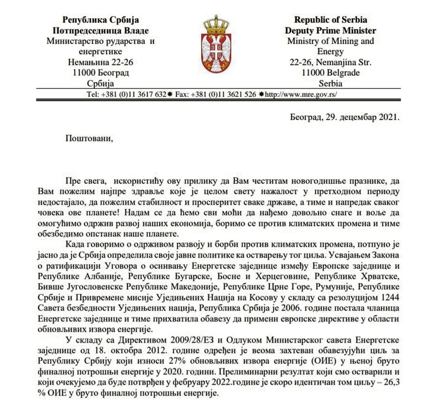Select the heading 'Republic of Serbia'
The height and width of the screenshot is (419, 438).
click(x=330, y=20)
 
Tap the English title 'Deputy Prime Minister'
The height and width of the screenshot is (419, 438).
click(x=330, y=31)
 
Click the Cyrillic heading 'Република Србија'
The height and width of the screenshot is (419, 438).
click(x=101, y=20)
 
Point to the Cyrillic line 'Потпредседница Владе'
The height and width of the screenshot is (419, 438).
click(x=101, y=31)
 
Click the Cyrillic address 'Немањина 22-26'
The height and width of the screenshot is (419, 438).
click(x=101, y=62)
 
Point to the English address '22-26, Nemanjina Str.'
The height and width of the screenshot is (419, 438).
click(x=330, y=62)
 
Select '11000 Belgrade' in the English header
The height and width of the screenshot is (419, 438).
click(x=330, y=73)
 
